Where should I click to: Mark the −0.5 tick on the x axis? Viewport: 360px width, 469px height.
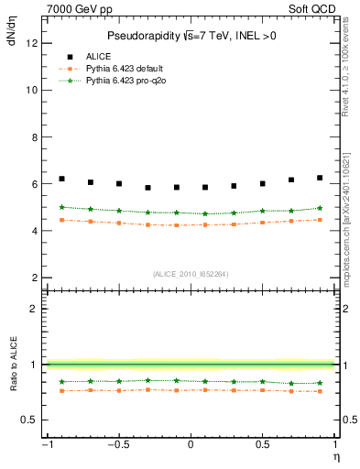(x=117, y=446)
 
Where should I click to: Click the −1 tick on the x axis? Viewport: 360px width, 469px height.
(x=46, y=446)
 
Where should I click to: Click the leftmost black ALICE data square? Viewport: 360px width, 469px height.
(x=61, y=179)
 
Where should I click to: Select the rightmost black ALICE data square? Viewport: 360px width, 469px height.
(x=320, y=178)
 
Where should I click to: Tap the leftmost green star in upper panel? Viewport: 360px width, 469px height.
(x=61, y=207)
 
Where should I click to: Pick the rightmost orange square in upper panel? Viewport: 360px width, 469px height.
(x=320, y=220)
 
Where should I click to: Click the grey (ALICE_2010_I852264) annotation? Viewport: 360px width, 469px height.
(x=191, y=274)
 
